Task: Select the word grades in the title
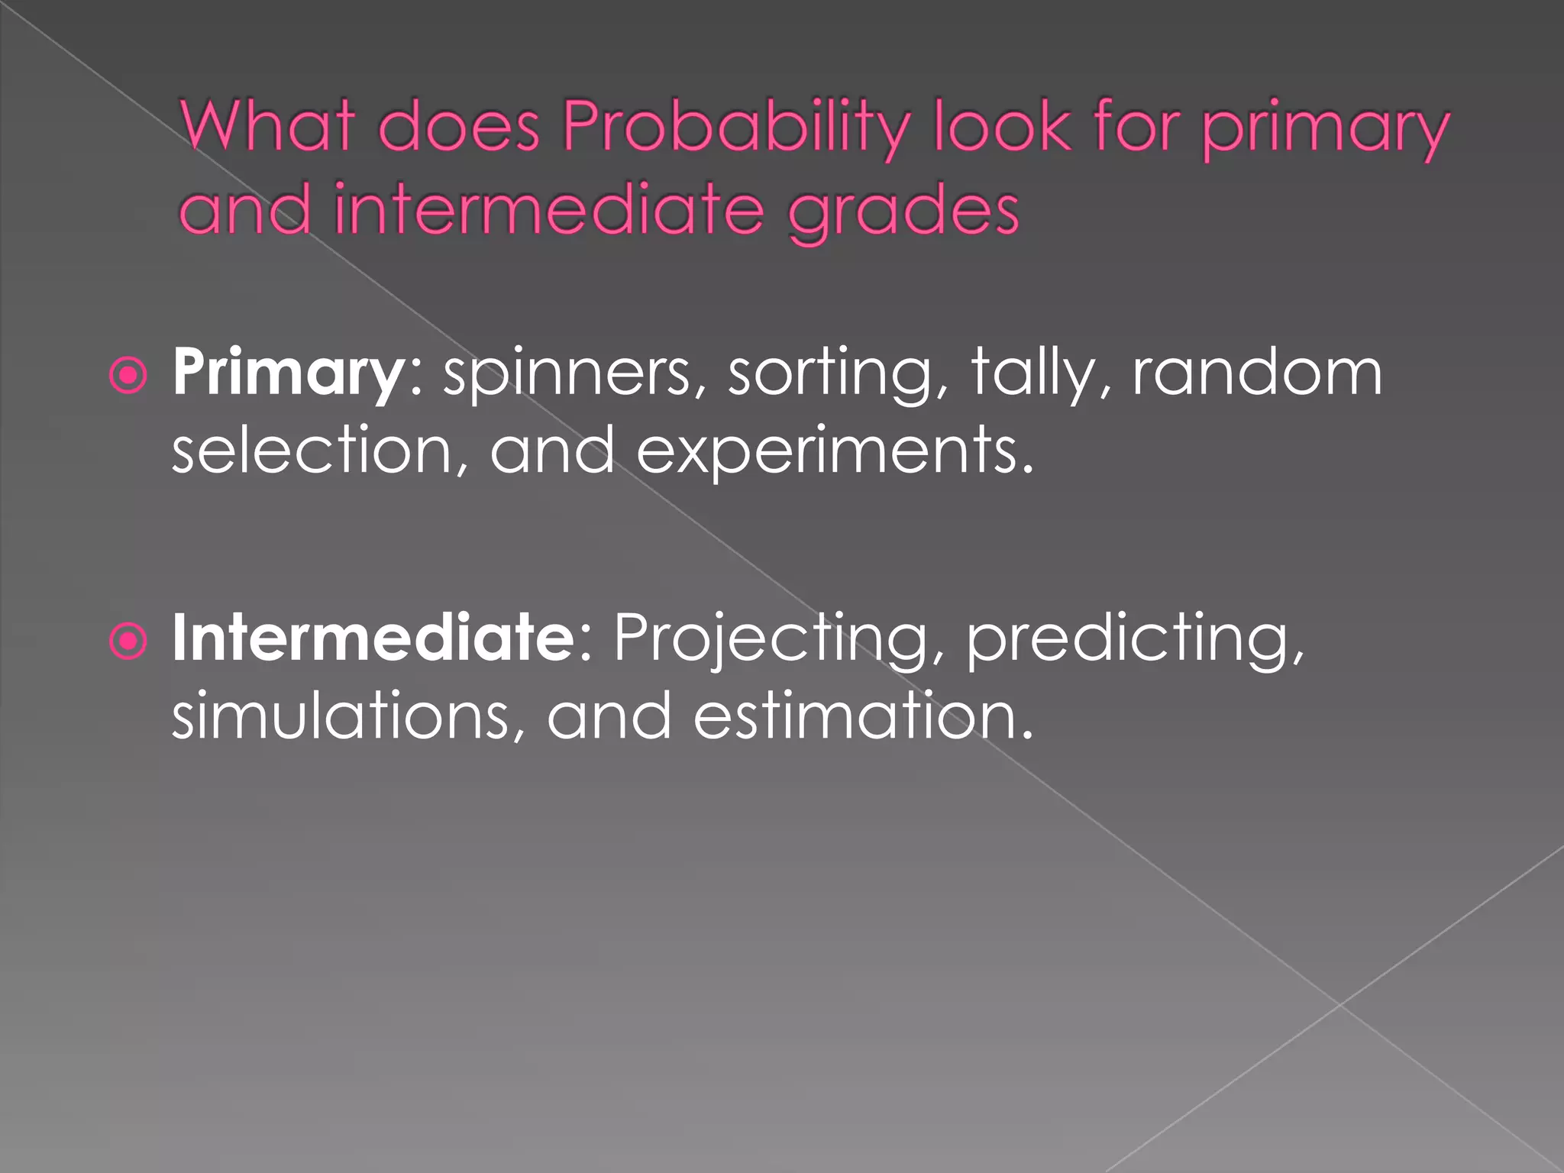[x=903, y=210]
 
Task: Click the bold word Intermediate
[x=373, y=638]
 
